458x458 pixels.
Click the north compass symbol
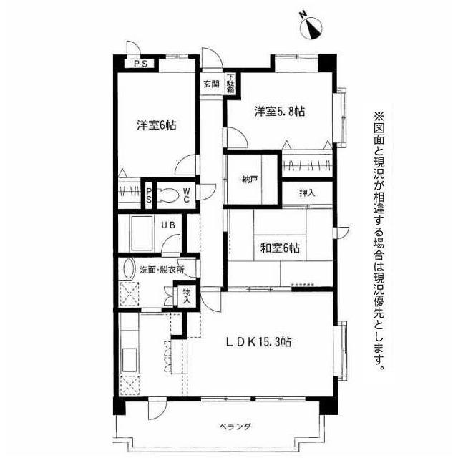pyautogui.click(x=311, y=28)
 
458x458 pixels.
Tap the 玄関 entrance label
pyautogui.click(x=212, y=84)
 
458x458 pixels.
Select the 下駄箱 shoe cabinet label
pyautogui.click(x=230, y=84)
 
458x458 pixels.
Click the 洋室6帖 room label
pyautogui.click(x=157, y=125)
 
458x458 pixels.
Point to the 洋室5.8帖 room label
pyautogui.click(x=280, y=112)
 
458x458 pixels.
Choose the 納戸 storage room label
pyautogui.click(x=250, y=179)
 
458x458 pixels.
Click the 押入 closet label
pyautogui.click(x=307, y=193)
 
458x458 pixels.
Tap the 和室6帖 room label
pyautogui.click(x=280, y=248)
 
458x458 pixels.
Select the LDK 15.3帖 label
pyautogui.click(x=258, y=342)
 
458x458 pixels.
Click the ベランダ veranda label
pyautogui.click(x=235, y=427)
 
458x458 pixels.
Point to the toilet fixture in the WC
pyautogui.click(x=168, y=195)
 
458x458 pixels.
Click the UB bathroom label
pyautogui.click(x=169, y=225)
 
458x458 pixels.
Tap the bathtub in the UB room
pyautogui.click(x=142, y=233)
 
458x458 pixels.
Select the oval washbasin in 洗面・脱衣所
pyautogui.click(x=128, y=269)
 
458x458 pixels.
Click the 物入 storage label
pyautogui.click(x=187, y=296)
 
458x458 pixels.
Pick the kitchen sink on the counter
pyautogui.click(x=129, y=360)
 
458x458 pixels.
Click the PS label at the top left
pyautogui.click(x=141, y=64)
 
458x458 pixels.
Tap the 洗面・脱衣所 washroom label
pyautogui.click(x=162, y=271)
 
